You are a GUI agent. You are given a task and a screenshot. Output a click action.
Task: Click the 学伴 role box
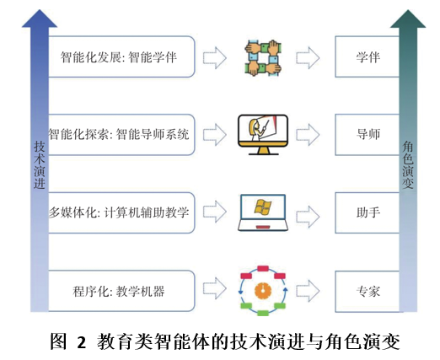368,58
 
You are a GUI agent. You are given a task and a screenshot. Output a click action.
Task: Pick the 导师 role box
368,133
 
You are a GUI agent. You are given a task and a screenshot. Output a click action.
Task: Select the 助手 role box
368,212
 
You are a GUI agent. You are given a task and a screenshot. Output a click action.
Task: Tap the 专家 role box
368,292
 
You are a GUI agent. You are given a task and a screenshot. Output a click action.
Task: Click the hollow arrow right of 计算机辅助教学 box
217,212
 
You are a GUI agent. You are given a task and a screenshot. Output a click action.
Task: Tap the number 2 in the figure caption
82,342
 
